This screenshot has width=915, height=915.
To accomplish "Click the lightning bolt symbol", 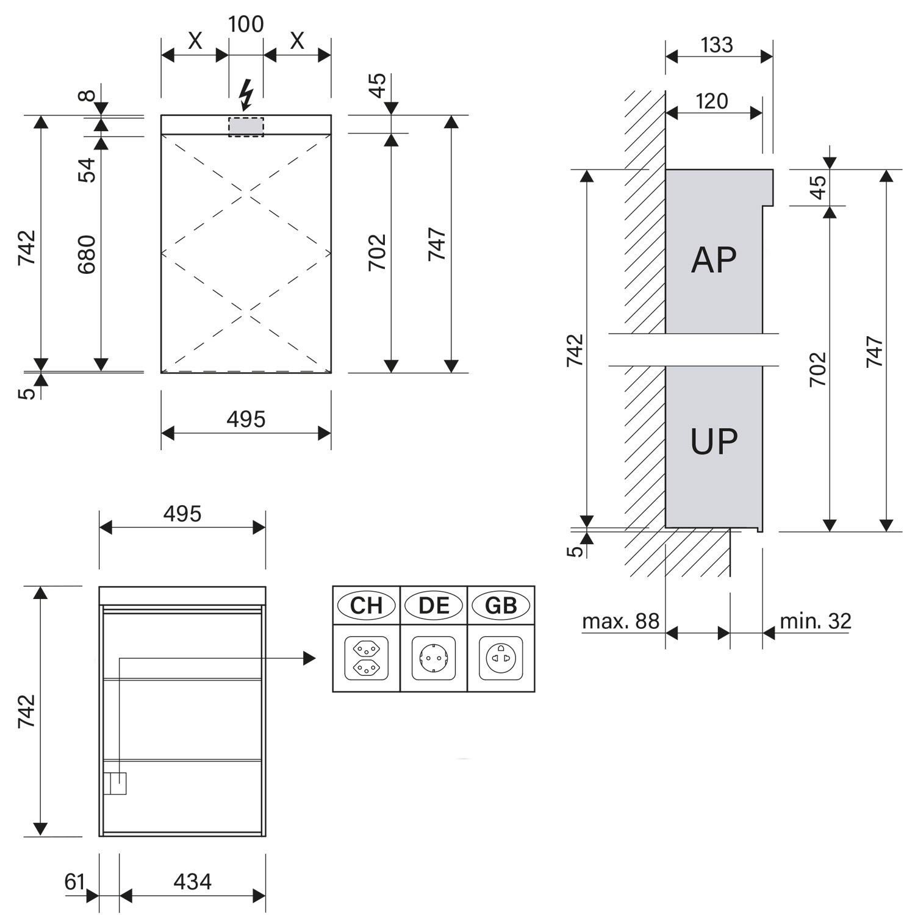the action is (x=246, y=95).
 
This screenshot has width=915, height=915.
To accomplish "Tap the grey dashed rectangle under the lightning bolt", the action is (x=246, y=127).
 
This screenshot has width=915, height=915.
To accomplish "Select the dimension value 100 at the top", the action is (x=246, y=24).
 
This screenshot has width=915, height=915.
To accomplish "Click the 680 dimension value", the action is (x=87, y=254).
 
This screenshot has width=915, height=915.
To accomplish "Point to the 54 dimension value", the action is (x=87, y=170).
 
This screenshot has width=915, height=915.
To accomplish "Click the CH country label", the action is (x=366, y=606).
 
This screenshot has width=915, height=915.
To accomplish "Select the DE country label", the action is (x=434, y=606).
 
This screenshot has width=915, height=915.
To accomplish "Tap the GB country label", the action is (x=501, y=606).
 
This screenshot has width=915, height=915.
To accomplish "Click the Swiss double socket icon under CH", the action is (x=366, y=658).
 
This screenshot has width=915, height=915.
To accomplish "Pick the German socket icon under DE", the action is (x=434, y=658).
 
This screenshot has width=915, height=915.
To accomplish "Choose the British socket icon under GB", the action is (x=501, y=658).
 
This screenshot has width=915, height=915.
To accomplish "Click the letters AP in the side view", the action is (x=714, y=260).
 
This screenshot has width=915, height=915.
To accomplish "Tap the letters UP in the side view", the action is (x=714, y=442).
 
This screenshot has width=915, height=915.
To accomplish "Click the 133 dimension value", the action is (x=717, y=45).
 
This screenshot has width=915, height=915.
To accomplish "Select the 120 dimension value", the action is (x=712, y=101).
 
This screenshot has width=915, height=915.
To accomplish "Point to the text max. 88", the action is (x=621, y=622).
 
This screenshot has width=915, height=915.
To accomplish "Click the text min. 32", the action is (x=816, y=622).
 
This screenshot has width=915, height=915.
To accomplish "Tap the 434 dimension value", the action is (x=193, y=882).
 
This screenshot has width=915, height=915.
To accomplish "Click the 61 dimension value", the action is (x=74, y=882).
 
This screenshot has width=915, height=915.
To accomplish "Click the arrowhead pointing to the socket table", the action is (x=309, y=658).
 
